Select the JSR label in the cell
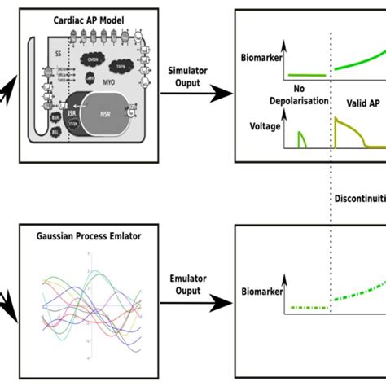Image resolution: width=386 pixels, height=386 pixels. click(69, 114)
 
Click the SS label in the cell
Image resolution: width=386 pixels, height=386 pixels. click(58, 55)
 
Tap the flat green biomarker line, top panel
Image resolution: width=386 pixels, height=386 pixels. click(305, 76)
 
